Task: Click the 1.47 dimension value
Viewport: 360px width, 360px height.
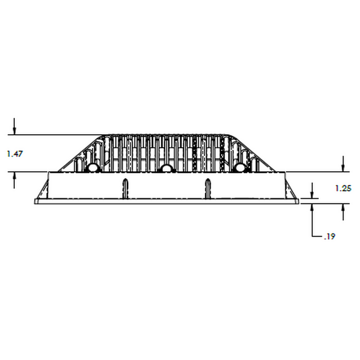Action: point(15,154)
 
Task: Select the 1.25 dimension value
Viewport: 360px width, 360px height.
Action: point(343,189)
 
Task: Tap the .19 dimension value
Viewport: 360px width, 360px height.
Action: point(330,236)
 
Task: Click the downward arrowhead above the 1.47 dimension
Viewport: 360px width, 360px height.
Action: point(14,131)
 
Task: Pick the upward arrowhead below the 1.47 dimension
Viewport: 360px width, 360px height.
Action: point(14,176)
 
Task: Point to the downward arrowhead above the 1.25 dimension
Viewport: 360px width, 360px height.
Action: point(343,168)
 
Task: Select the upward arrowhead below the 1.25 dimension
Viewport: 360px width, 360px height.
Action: point(343,208)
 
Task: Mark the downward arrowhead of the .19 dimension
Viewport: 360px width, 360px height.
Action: point(312,194)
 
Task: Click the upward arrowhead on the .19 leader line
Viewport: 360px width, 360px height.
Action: point(312,208)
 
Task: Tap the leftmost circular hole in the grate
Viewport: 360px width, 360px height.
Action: point(93,168)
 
